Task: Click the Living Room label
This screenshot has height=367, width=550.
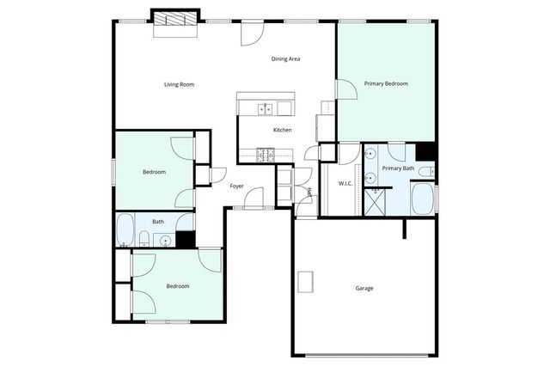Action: (180, 84)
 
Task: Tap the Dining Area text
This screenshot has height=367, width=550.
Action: (285, 58)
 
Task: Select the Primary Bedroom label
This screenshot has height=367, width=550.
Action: (386, 83)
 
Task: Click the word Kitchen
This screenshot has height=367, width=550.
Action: (282, 130)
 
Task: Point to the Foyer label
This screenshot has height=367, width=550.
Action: (236, 186)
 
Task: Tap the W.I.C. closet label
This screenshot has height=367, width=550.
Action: (346, 183)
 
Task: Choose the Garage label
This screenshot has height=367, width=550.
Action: (364, 288)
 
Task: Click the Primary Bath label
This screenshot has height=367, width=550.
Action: (399, 168)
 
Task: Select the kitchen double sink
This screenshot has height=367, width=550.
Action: (266, 108)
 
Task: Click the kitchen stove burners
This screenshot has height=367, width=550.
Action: (266, 155)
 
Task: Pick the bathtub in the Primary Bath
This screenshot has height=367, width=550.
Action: (423, 201)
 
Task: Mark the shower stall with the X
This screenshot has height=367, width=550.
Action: (375, 202)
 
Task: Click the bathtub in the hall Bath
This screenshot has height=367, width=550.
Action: (124, 229)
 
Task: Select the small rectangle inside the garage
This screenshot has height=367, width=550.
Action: (305, 281)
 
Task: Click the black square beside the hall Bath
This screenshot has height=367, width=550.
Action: (186, 240)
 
